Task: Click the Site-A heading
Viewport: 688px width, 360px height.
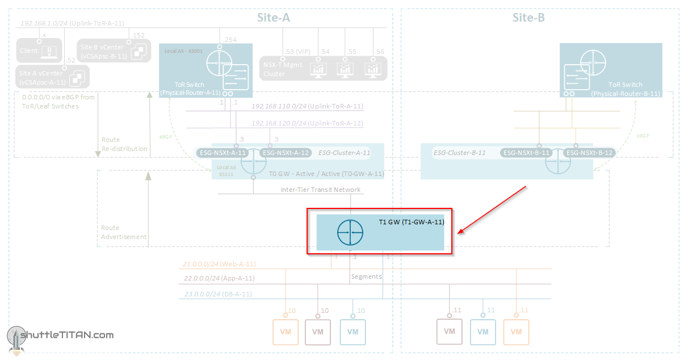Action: tap(274, 18)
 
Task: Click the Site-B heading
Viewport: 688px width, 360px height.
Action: tap(528, 18)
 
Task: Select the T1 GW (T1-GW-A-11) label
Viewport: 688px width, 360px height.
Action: tap(411, 222)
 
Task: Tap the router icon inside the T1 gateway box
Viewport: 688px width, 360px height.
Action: tap(350, 233)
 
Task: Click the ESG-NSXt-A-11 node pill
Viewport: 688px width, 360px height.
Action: tap(223, 153)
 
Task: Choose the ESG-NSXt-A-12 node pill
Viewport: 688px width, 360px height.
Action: tap(285, 153)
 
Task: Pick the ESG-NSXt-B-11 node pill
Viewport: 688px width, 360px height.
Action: tap(526, 153)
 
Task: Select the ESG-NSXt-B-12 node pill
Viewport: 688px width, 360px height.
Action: tap(589, 153)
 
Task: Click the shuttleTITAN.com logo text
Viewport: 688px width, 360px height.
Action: tap(66, 335)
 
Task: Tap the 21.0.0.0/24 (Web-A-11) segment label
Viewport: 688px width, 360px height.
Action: tap(219, 264)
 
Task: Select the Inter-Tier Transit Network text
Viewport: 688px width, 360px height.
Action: tap(320, 190)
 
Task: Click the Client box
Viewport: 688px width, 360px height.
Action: tap(39, 51)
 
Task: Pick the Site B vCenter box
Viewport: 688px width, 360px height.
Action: tap(114, 51)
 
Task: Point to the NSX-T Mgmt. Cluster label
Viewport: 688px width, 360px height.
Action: tap(284, 69)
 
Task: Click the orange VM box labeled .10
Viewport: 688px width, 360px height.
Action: tap(286, 332)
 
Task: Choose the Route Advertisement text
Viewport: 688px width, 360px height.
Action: tap(124, 232)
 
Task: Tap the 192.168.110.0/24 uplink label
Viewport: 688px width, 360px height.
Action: tap(307, 106)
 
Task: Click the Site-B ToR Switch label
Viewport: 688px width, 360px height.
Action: tap(625, 89)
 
